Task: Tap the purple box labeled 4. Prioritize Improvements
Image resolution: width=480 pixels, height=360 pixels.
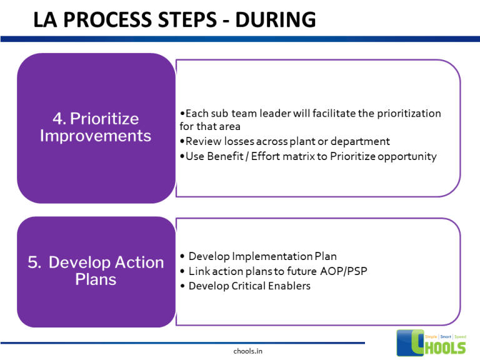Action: point(96,127)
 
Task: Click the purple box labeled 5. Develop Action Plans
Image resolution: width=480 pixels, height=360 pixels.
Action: point(96,271)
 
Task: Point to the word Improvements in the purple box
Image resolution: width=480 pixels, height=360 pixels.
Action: point(96,136)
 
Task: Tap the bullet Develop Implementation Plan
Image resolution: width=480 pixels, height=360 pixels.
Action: point(257,256)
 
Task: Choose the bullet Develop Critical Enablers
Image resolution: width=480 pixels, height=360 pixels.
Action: point(244,286)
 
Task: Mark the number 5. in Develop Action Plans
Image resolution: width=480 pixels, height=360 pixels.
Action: point(35,262)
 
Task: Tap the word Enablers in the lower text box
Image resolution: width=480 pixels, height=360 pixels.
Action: point(289,286)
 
